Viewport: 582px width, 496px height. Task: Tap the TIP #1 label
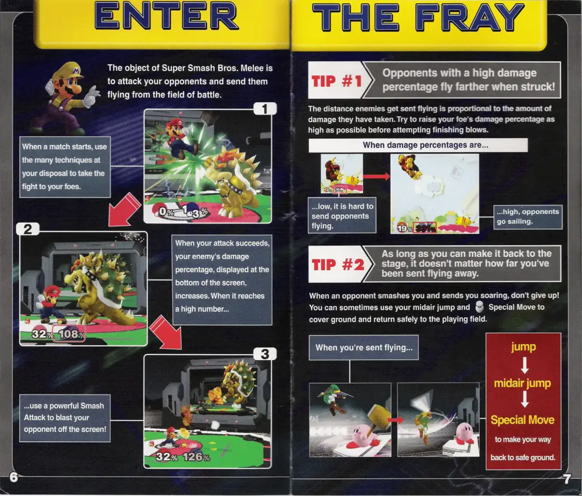click(x=337, y=81)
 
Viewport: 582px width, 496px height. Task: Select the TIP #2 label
click(x=338, y=265)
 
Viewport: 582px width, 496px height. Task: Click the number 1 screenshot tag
click(x=265, y=108)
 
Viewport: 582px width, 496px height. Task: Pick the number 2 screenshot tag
click(x=28, y=229)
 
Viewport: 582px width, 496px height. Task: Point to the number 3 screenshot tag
click(x=265, y=354)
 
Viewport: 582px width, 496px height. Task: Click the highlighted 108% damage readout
click(x=69, y=334)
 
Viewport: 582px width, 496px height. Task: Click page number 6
click(x=14, y=477)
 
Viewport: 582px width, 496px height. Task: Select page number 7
click(x=567, y=479)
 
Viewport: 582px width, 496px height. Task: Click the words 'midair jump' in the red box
click(x=522, y=383)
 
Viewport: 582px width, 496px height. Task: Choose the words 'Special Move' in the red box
click(x=522, y=420)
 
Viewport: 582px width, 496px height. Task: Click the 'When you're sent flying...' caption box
click(x=363, y=348)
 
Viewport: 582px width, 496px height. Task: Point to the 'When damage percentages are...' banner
click(x=418, y=145)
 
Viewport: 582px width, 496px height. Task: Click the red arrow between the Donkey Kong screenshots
click(x=376, y=177)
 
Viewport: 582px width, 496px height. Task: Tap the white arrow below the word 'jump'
click(x=524, y=365)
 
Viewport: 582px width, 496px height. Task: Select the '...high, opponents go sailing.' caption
click(x=528, y=217)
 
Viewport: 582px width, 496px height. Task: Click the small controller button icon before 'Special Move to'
click(x=479, y=307)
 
